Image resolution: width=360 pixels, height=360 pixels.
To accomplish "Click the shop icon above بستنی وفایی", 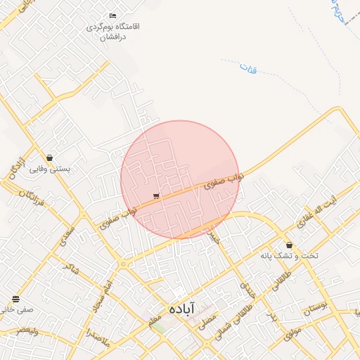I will click(49, 157).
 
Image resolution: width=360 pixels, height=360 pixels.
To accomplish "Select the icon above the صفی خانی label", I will click(15, 300).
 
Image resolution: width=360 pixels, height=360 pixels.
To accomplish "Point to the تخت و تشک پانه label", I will click(289, 255).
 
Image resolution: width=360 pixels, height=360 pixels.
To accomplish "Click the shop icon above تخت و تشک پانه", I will click(290, 244).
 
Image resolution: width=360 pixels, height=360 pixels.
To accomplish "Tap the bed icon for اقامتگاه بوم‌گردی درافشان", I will click(112, 15).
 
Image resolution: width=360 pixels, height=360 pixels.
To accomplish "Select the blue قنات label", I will click(247, 69).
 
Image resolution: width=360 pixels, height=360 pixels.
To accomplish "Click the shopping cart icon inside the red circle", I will click(155, 196).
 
